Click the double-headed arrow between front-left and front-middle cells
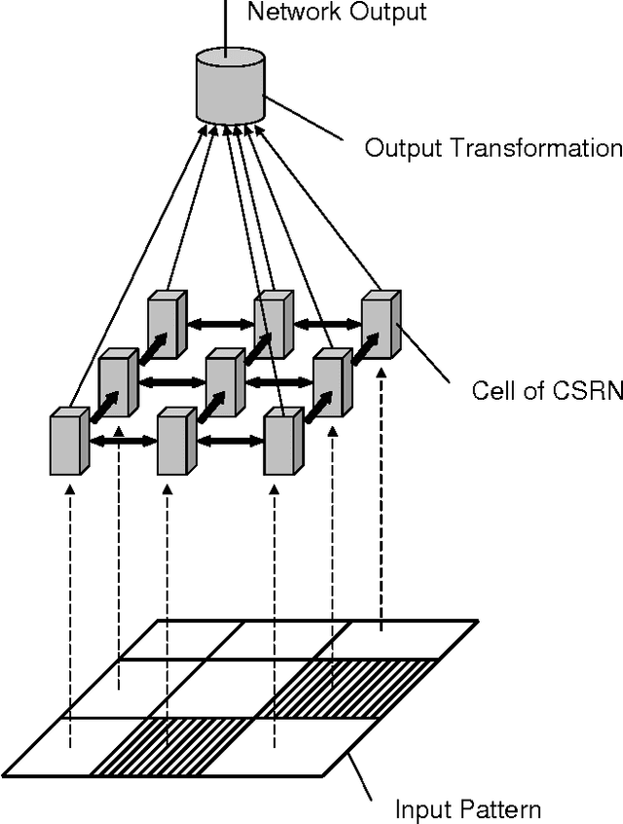123,441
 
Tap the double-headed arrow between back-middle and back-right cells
328,321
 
